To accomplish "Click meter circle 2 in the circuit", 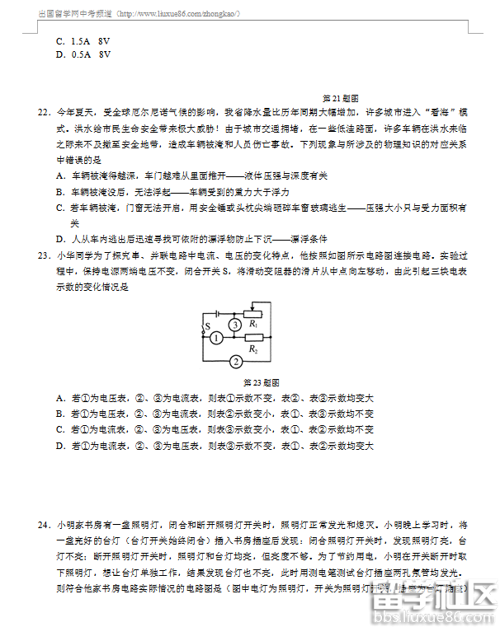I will pos(235,362).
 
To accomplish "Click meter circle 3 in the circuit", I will pos(235,325).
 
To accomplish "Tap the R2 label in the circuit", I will pos(253,349).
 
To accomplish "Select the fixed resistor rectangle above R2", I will pos(253,338).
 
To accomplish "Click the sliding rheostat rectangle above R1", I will pos(253,313).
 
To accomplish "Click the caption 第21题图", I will pos(339,96).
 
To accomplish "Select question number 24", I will pos(44,524).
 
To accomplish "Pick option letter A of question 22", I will pos(60,175).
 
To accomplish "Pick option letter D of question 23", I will pos(60,446).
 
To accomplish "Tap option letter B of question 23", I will pos(60,414).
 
